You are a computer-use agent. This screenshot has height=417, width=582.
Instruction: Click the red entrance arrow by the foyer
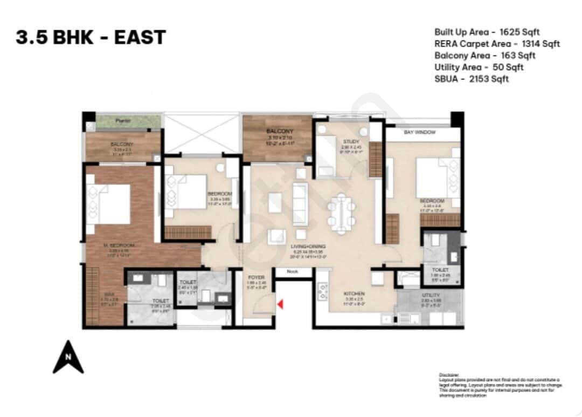(279, 306)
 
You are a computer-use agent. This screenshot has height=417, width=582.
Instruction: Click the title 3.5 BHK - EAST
(91, 38)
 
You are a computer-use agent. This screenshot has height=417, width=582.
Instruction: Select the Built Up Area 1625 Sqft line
(487, 32)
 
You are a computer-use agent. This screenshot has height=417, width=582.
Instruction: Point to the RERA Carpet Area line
(497, 44)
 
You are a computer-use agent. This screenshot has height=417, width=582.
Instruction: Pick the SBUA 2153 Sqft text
(472, 79)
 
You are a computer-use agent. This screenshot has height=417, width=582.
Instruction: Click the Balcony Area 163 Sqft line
(484, 56)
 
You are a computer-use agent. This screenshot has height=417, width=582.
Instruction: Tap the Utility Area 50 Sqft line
(479, 67)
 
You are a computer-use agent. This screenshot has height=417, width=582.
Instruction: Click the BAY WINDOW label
(420, 132)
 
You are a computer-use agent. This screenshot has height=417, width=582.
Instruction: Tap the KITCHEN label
(355, 294)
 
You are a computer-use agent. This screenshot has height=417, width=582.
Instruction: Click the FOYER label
(256, 277)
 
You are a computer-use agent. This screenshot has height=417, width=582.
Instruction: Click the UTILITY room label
(431, 295)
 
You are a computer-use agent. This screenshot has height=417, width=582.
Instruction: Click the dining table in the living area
(341, 214)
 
